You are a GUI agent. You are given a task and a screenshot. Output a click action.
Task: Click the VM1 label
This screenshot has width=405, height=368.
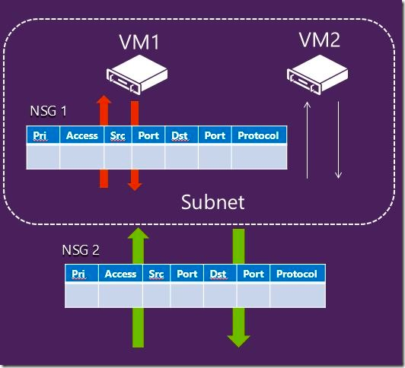(x=139, y=42)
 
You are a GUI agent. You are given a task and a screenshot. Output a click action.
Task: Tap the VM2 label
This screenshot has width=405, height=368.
(x=320, y=40)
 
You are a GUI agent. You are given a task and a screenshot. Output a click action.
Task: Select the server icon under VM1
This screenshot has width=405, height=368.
(x=137, y=75)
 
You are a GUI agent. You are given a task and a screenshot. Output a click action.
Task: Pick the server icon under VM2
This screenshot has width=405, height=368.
(x=317, y=75)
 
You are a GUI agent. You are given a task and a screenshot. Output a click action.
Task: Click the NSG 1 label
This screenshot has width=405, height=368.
(x=48, y=111)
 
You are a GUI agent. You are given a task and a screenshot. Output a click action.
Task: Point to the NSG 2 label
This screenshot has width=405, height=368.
(x=81, y=249)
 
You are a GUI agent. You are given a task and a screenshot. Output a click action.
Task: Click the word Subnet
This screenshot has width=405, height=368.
(x=213, y=202)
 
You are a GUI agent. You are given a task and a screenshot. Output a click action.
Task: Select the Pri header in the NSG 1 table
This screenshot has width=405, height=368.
(x=40, y=135)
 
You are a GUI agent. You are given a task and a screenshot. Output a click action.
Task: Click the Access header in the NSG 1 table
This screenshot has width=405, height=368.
(x=82, y=135)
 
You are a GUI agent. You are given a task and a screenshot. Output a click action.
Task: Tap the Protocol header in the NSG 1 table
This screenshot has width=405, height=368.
(x=258, y=135)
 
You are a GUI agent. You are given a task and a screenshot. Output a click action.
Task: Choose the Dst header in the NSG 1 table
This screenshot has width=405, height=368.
(x=180, y=135)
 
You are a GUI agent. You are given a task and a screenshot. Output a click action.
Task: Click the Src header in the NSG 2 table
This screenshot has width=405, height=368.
(x=156, y=274)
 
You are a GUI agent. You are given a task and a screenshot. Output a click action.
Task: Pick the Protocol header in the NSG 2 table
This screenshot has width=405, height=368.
(x=297, y=274)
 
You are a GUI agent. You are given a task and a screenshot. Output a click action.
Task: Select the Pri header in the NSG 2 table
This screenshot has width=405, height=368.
(x=78, y=274)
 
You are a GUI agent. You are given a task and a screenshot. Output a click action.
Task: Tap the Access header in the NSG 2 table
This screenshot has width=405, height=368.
(x=120, y=274)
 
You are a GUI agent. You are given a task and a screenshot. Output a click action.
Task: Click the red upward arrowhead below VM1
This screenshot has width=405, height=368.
(x=104, y=100)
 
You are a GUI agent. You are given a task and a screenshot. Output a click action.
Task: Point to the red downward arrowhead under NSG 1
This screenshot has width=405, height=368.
(x=135, y=187)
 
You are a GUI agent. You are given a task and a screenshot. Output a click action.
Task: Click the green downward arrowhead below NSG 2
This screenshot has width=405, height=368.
(x=239, y=341)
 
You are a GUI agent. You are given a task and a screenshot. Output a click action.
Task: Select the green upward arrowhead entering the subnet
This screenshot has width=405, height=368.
(x=139, y=233)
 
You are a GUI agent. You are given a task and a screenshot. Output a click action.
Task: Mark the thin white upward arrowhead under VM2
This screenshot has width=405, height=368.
(x=307, y=105)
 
